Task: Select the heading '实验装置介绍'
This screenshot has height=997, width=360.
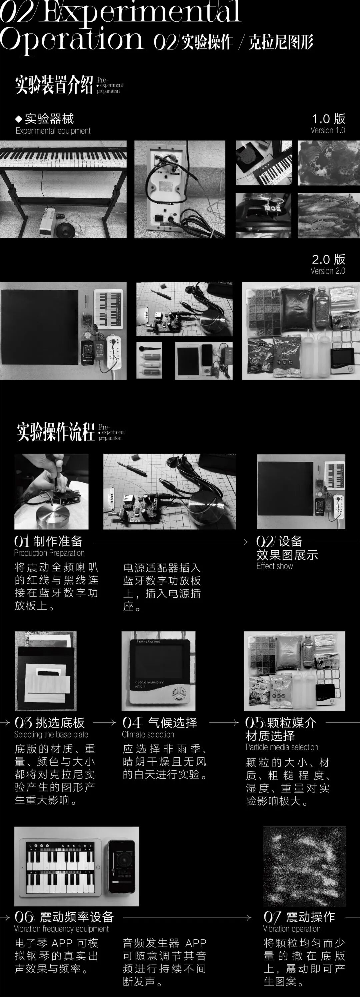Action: [54, 84]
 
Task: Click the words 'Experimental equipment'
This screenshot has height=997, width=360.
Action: [53, 131]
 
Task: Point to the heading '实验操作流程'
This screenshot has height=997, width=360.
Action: [56, 432]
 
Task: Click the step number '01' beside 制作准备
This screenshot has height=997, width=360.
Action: [22, 541]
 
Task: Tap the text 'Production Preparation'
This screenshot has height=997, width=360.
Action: [49, 553]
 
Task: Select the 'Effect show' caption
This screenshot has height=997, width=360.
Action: [274, 566]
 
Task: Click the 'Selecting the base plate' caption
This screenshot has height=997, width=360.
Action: [51, 734]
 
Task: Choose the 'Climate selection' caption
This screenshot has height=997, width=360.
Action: [148, 734]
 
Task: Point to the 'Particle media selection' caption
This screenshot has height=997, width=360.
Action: [282, 747]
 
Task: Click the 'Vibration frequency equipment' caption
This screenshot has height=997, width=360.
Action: [61, 928]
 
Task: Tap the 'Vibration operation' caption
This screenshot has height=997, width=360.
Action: [292, 928]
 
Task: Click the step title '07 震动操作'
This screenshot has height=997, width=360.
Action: [299, 916]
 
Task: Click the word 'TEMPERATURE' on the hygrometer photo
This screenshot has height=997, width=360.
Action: [148, 642]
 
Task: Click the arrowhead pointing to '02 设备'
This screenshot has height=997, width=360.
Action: [246, 542]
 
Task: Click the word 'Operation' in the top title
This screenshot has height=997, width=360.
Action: [73, 39]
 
